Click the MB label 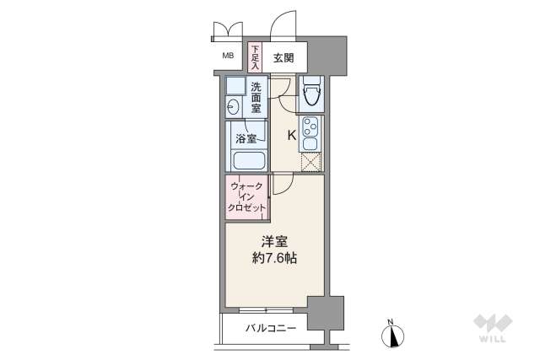click(228, 56)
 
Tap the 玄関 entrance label click(283, 57)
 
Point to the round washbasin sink click(233, 106)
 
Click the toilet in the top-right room click(311, 93)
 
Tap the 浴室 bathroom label click(246, 137)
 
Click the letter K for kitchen click(292, 135)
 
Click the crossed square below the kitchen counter click(311, 163)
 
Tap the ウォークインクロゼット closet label click(247, 196)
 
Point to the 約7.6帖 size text click(271, 258)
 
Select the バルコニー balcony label click(270, 327)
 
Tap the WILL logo click(492, 329)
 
